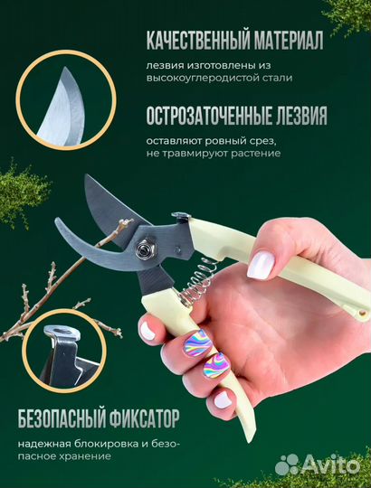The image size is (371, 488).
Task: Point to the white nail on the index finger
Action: pyautogui.click(x=261, y=264)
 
